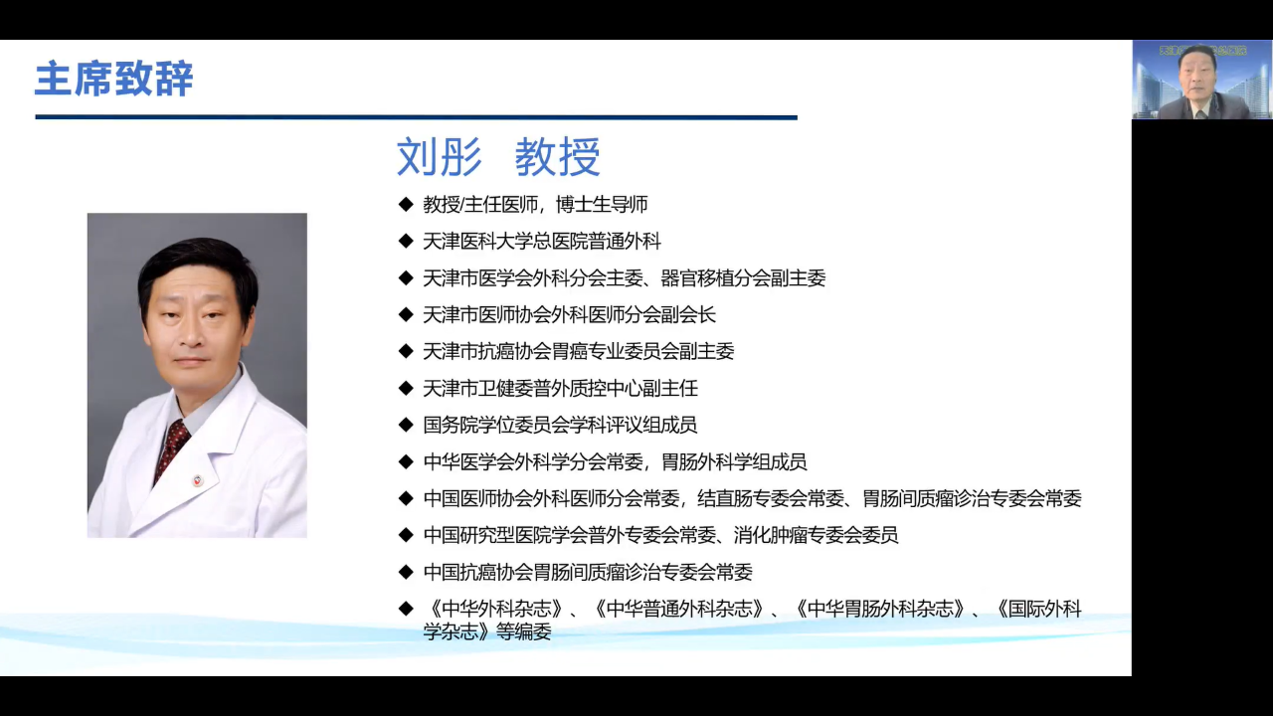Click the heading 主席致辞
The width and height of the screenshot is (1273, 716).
click(114, 79)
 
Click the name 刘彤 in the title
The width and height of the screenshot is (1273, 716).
click(440, 157)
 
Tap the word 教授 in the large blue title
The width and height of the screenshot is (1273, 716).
click(558, 157)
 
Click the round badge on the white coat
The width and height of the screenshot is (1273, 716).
click(198, 480)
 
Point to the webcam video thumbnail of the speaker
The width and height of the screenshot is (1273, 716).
click(1202, 80)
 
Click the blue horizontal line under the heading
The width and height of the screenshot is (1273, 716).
click(416, 117)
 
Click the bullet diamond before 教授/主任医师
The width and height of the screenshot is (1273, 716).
click(406, 204)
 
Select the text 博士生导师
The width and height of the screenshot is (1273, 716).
click(602, 205)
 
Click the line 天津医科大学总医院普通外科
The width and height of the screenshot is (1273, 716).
click(542, 242)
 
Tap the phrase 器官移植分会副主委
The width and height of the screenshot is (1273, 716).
click(743, 278)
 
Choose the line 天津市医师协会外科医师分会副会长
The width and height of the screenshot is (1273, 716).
click(570, 315)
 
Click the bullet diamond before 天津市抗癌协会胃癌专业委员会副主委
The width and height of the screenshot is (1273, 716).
click(406, 351)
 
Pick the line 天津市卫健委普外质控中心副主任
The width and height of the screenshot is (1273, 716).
click(560, 389)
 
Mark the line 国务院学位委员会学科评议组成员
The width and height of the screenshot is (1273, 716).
click(560, 425)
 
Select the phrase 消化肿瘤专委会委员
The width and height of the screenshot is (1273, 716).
click(816, 535)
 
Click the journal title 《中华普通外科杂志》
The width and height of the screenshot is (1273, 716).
click(677, 609)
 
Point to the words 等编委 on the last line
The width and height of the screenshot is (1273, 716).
click(523, 631)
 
